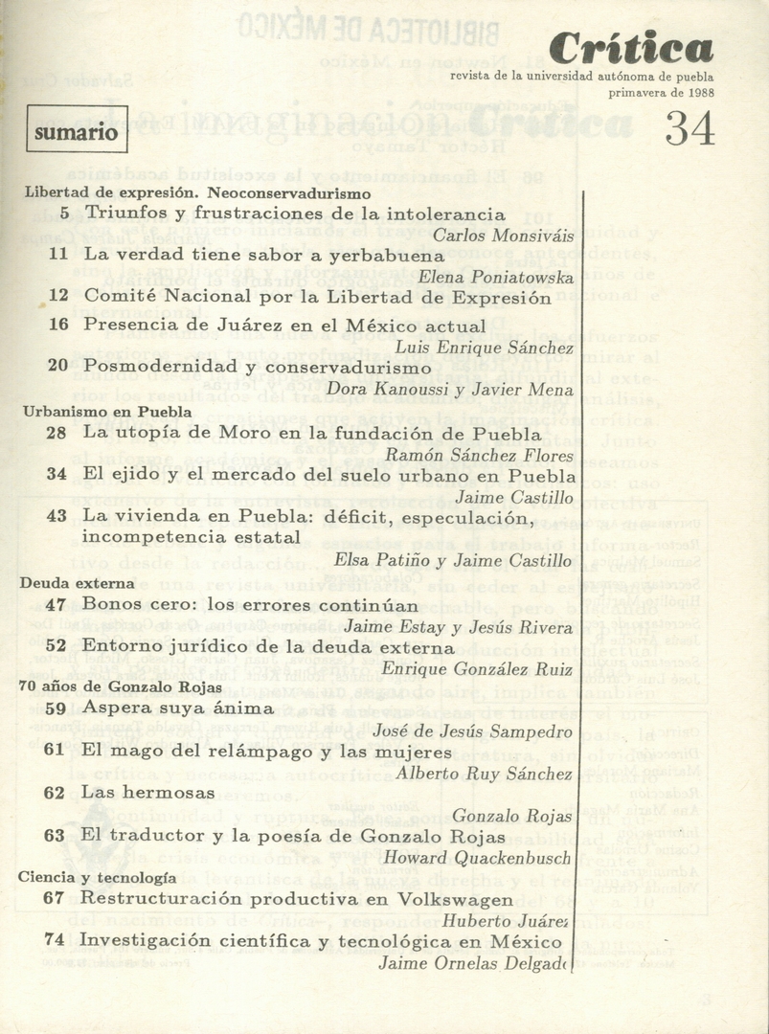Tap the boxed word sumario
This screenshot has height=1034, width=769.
[77, 131]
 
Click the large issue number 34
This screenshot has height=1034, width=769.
[690, 129]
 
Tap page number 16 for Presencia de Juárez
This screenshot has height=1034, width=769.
[58, 325]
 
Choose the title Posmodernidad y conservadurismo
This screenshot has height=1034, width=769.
[258, 367]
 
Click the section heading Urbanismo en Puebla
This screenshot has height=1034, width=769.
[106, 412]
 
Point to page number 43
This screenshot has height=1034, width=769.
[57, 517]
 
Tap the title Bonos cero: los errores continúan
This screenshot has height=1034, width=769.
[250, 605]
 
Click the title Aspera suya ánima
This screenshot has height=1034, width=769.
[178, 708]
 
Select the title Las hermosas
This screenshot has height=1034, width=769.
[147, 793]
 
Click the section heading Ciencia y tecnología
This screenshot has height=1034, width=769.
[97, 877]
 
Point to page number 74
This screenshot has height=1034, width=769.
[55, 940]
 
